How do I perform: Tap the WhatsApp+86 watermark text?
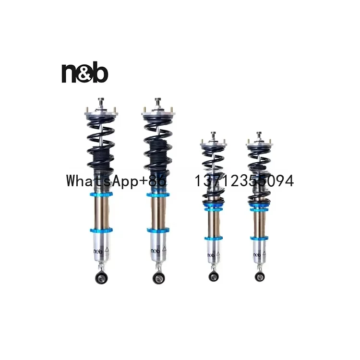[x=115, y=181]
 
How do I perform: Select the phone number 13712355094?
[x=243, y=181]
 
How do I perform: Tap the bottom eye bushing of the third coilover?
[x=212, y=276]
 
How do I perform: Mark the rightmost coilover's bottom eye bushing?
[x=259, y=276]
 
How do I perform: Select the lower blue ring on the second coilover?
[x=158, y=230]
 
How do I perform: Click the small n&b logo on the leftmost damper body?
[x=97, y=251]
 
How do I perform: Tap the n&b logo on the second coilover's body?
[x=156, y=251]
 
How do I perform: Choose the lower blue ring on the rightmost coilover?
[x=259, y=238]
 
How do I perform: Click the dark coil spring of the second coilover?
[x=158, y=144]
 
